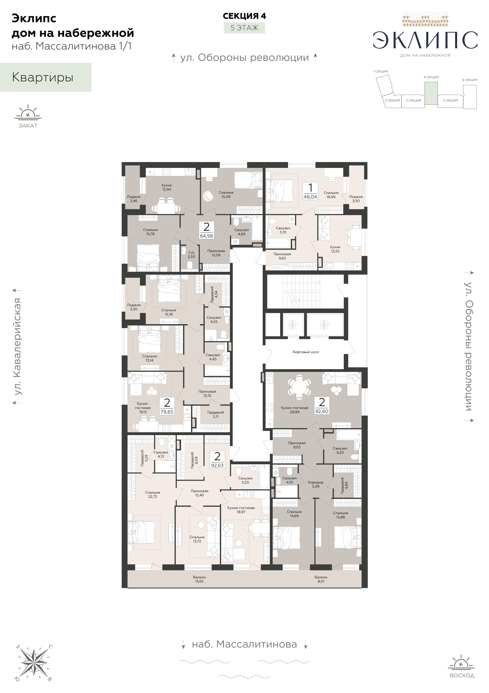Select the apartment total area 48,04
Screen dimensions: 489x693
click(x=310, y=196)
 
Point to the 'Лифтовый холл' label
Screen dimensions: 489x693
click(x=305, y=352)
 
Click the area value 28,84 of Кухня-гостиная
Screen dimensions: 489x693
click(x=295, y=412)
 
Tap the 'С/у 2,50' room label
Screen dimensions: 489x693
click(x=191, y=254)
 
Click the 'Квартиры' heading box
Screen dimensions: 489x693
click(x=46, y=77)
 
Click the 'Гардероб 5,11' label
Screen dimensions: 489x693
click(x=216, y=414)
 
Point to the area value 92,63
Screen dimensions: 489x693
click(x=217, y=465)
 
